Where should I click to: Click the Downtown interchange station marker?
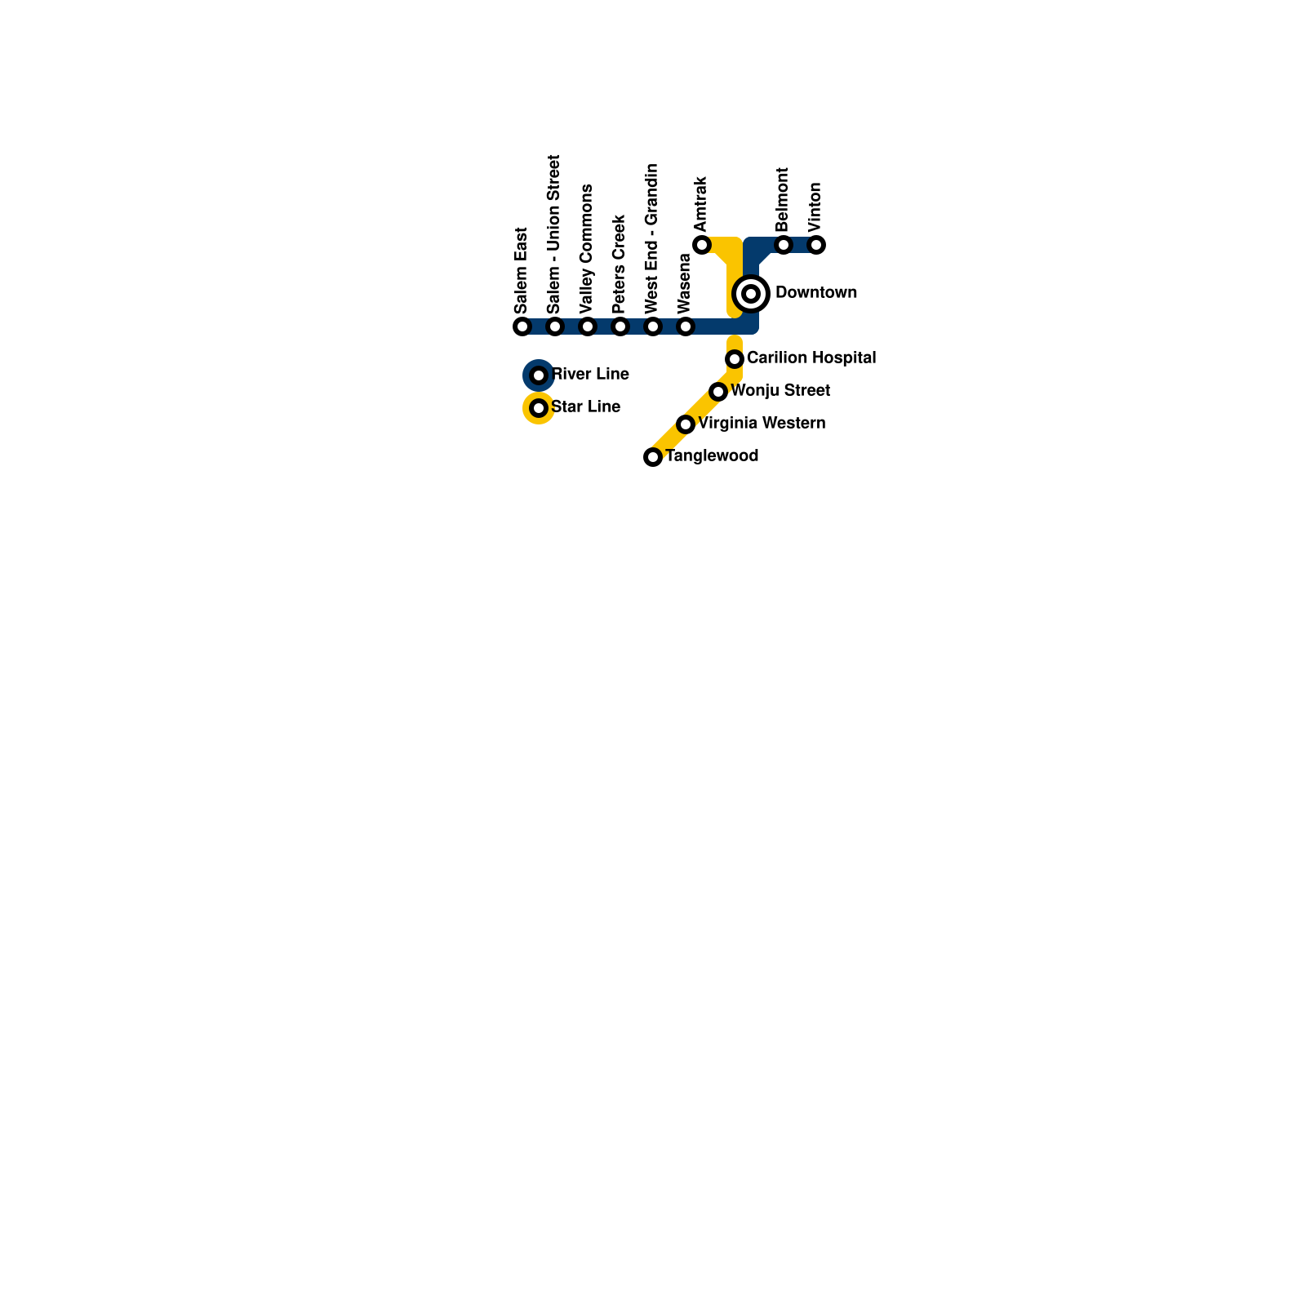[x=751, y=294]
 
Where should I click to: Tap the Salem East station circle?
[x=522, y=326]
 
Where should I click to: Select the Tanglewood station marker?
[x=653, y=457]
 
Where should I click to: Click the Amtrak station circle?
[x=702, y=245]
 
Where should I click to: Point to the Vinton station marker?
[x=816, y=245]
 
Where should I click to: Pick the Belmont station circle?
[x=784, y=245]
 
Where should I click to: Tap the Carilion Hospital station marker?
[x=735, y=359]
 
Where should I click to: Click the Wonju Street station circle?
[x=718, y=392]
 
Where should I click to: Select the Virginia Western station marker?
[x=686, y=424]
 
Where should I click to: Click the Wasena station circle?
[x=686, y=326]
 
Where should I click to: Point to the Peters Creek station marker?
[x=620, y=326]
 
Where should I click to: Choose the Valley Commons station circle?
[x=588, y=326]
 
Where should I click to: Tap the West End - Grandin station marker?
[x=653, y=326]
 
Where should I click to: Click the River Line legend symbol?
[x=539, y=375]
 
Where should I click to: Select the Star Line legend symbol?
[x=539, y=408]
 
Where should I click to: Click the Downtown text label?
[x=816, y=292]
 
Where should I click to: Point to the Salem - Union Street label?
[x=554, y=234]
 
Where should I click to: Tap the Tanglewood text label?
[x=712, y=455]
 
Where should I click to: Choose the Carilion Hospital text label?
[x=811, y=358]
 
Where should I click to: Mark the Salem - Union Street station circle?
[x=555, y=326]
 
